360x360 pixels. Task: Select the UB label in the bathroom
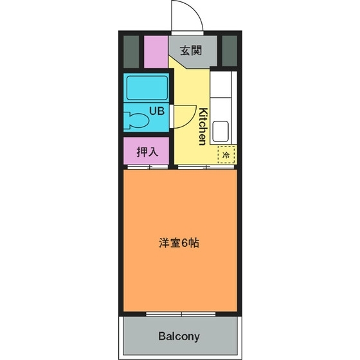157,111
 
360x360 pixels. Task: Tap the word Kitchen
202,126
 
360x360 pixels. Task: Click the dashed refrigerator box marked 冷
226,154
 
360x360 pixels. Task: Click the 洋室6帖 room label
179,244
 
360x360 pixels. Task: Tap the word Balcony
179,336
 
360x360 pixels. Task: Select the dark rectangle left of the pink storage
131,51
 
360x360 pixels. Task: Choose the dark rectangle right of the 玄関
228,51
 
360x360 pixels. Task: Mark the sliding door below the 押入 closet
148,167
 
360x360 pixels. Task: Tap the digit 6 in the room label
184,244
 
